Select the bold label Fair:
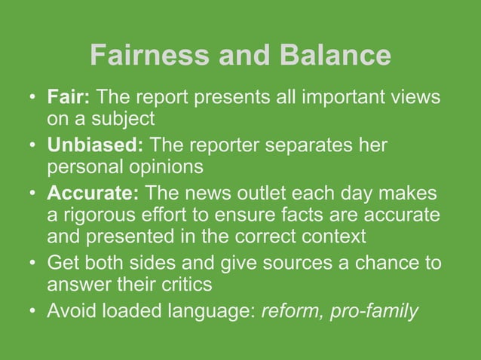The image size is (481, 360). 69,98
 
